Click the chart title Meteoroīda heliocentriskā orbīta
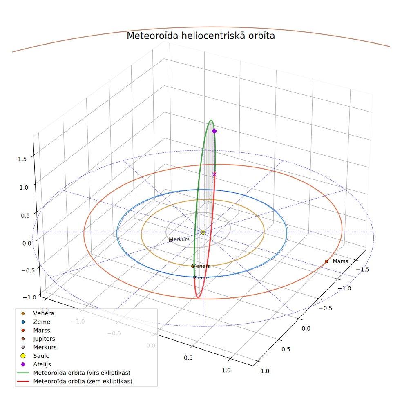(201, 36)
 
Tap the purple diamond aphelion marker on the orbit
(214, 131)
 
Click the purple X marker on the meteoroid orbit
(214, 174)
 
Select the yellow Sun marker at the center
(203, 232)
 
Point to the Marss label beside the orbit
(340, 261)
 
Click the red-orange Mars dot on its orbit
(326, 261)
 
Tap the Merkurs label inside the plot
(179, 239)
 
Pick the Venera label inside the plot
(201, 266)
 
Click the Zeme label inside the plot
(201, 278)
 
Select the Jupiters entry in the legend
(44, 339)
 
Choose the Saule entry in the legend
(41, 356)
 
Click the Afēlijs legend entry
(42, 364)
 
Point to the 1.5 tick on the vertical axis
(22, 159)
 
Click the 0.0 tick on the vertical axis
(27, 243)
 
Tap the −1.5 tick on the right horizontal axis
(362, 270)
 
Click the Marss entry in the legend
(42, 330)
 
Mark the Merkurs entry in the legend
(45, 347)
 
